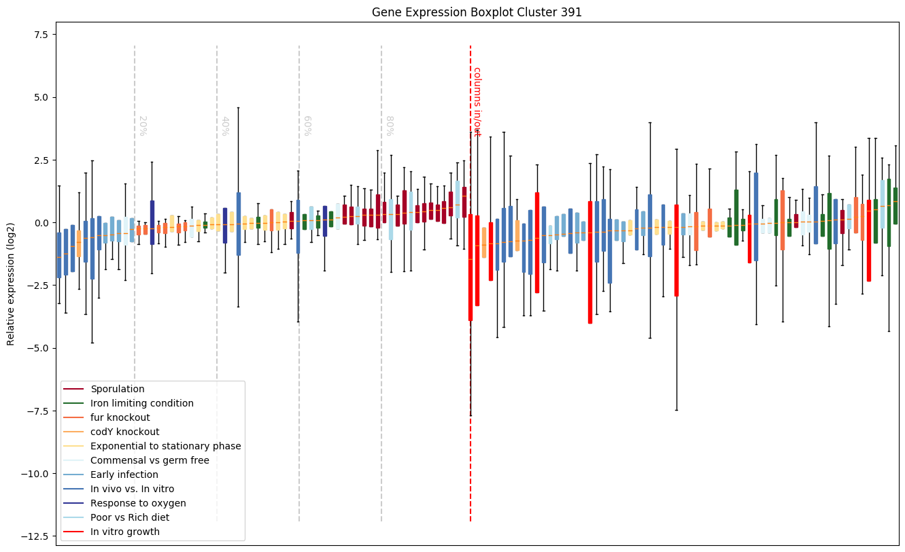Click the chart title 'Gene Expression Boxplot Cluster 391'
pyautogui.click(x=477, y=12)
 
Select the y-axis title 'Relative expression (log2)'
pyautogui.click(x=11, y=284)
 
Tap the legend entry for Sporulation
pyautogui.click(x=118, y=389)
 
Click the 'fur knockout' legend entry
pyautogui.click(x=120, y=417)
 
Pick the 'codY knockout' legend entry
pyautogui.click(x=125, y=432)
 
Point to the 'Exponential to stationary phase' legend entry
pyautogui.click(x=166, y=446)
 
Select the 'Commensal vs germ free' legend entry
pyautogui.click(x=150, y=460)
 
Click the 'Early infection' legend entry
pyautogui.click(x=124, y=475)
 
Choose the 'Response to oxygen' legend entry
pyautogui.click(x=138, y=503)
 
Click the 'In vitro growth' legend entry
pyautogui.click(x=125, y=532)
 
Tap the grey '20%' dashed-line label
pyautogui.click(x=143, y=126)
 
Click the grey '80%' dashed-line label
pyautogui.click(x=390, y=126)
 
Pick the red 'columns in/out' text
pyautogui.click(x=477, y=102)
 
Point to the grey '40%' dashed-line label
pyautogui.click(x=225, y=126)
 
